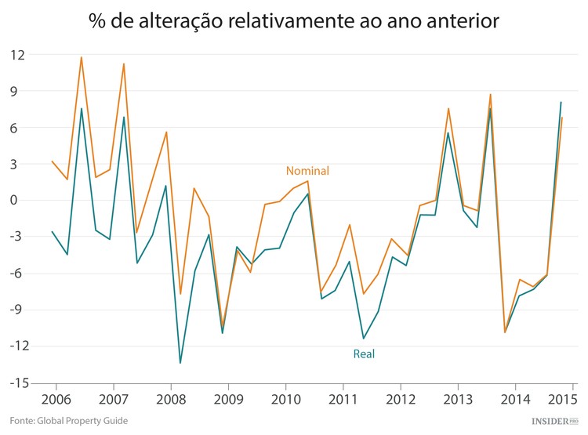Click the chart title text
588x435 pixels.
pos(294,21)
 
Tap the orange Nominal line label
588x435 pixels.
pos(307,171)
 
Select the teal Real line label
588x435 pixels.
pos(364,354)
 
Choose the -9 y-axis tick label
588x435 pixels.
pos(17,310)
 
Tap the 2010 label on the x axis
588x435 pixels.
pos(285,400)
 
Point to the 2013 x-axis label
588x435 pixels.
pos(456,400)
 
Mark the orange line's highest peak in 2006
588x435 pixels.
pos(82,57)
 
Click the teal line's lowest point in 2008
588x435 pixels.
pos(180,363)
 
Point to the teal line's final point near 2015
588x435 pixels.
pos(561,102)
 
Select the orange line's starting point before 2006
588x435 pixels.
pos(53,161)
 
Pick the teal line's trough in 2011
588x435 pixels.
pos(363,339)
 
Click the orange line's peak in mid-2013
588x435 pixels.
pos(490,95)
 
